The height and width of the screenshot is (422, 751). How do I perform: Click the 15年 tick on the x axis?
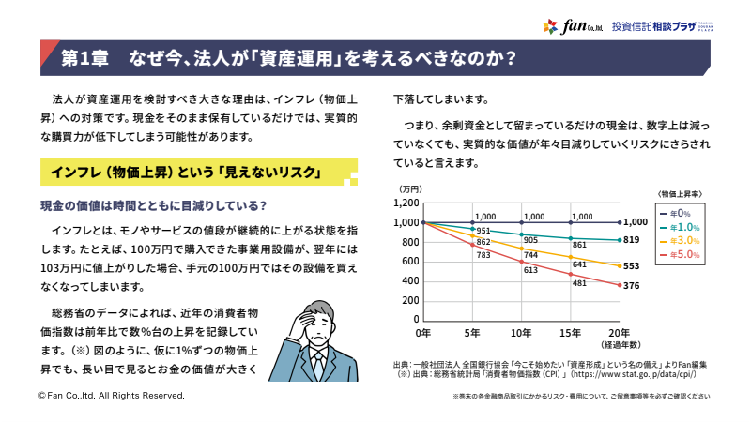pyautogui.click(x=570, y=333)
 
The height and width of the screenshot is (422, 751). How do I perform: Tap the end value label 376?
pyautogui.click(x=634, y=287)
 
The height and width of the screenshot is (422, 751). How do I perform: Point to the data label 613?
pyautogui.click(x=530, y=270)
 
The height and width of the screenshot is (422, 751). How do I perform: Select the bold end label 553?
pyautogui.click(x=634, y=266)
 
